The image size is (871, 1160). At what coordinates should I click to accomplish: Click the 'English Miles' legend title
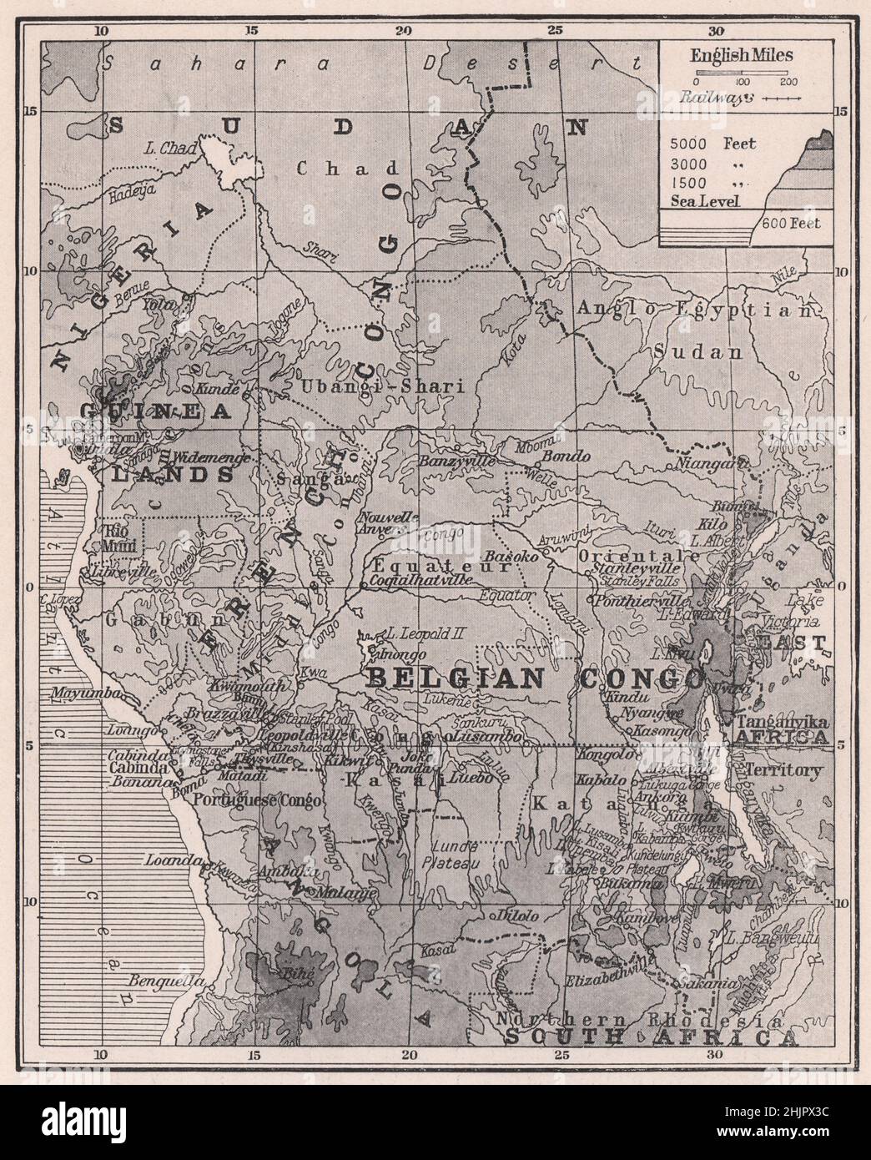tap(741, 57)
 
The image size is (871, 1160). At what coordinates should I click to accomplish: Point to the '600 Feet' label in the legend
tap(789, 223)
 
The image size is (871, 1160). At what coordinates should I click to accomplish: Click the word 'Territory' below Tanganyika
tap(784, 770)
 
